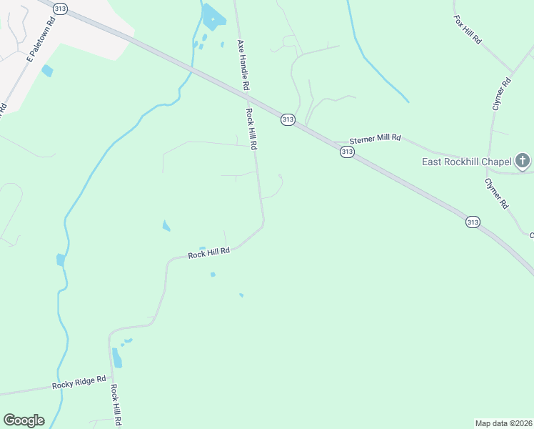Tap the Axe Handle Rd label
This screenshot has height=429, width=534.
(243, 64)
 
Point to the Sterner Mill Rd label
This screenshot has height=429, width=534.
(375, 137)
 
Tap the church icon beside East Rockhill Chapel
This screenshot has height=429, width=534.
(523, 161)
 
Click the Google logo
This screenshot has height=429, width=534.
(24, 420)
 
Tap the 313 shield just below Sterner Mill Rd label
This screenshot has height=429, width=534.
(347, 152)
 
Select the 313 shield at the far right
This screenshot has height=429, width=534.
(473, 222)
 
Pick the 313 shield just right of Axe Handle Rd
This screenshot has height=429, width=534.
(287, 119)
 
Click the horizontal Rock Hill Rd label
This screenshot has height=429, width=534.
(208, 253)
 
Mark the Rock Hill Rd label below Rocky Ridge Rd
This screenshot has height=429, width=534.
(115, 406)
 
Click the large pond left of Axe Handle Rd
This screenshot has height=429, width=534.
(213, 15)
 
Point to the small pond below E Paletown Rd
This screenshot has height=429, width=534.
(47, 71)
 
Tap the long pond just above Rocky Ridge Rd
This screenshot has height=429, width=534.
(116, 357)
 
